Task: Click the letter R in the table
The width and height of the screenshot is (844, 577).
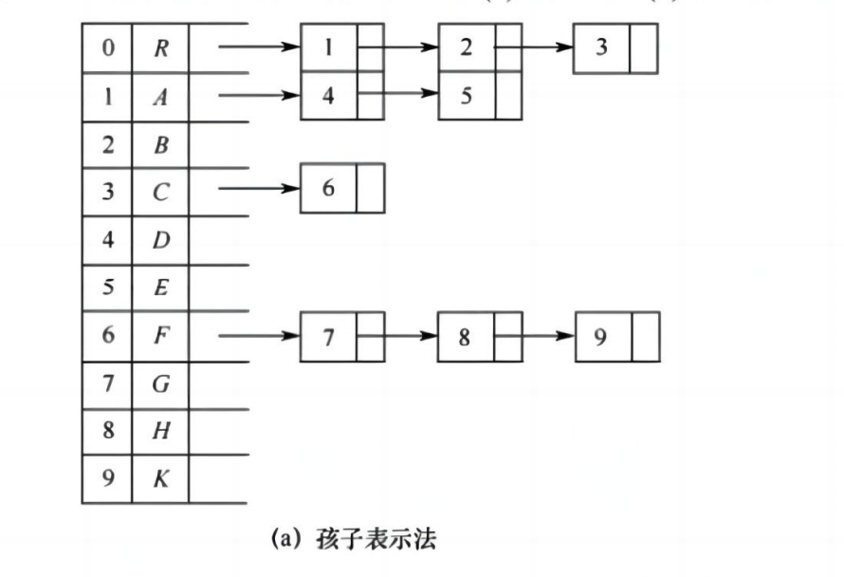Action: [160, 47]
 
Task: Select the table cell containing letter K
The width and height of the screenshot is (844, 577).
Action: [160, 478]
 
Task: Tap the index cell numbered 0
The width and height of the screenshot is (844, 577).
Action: [107, 47]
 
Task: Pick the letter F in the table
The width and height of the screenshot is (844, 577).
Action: [160, 336]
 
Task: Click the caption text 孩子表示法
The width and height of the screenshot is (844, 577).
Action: [376, 540]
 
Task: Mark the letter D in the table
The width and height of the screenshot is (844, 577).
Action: [160, 239]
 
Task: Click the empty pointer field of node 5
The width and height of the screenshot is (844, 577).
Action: [508, 96]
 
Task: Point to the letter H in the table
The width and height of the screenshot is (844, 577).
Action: [160, 431]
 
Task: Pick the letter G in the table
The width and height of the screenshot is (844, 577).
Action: [160, 383]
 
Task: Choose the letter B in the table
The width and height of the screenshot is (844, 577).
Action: [160, 145]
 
